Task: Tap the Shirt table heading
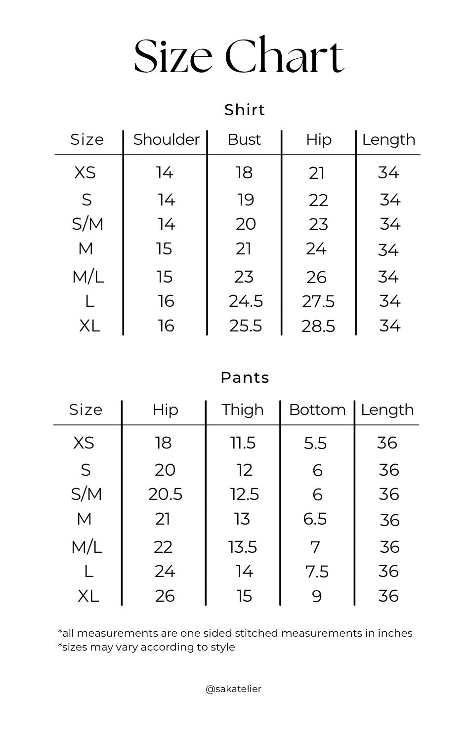coord(245,110)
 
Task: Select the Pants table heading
coord(245,378)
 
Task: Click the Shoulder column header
coord(166,140)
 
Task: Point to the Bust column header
coord(244,140)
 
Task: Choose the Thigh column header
coord(242,410)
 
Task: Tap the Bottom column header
coord(317,410)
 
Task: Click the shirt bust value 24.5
coord(246,301)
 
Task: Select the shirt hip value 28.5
coord(318,327)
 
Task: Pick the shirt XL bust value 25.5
coord(246,326)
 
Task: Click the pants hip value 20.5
coord(165,494)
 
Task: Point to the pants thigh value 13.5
coord(242,547)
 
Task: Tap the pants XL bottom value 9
coord(317,597)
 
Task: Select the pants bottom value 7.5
coord(317,572)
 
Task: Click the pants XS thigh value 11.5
coord(243,443)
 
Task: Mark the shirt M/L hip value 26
coord(316,278)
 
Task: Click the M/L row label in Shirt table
coord(88,277)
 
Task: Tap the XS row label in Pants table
coord(84,443)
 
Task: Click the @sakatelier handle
coord(233,689)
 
